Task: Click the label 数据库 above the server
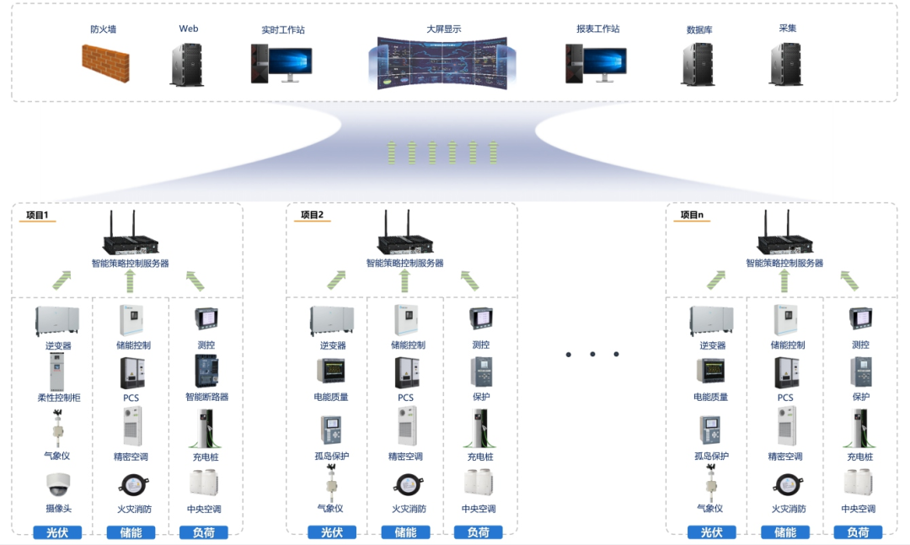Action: [699, 30]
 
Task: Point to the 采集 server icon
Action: [786, 64]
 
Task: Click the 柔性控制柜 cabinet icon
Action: [58, 372]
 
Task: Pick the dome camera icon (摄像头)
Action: [58, 485]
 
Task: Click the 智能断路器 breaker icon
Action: [206, 371]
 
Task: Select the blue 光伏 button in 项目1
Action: [57, 532]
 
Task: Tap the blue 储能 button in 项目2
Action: [405, 532]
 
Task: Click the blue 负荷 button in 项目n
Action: [858, 532]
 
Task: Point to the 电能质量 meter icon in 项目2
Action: [331, 371]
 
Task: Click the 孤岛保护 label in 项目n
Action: [710, 457]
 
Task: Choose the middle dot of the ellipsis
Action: [592, 355]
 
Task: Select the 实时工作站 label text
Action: [283, 30]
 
